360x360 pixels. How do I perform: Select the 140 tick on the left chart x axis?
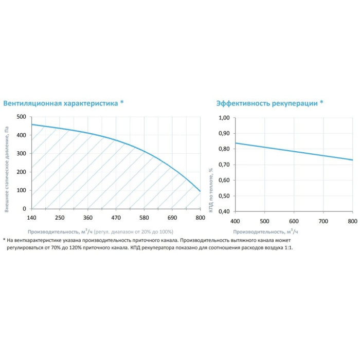coord(32,217)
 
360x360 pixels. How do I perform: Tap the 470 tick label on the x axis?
coord(116,217)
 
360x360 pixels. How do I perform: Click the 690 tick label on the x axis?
coord(172,217)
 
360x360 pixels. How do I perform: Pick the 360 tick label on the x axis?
coord(88,217)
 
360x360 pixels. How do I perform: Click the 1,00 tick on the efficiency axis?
coord(224,118)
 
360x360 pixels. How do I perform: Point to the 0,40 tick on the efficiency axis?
coord(224,211)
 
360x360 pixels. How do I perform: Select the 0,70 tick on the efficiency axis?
coord(224,165)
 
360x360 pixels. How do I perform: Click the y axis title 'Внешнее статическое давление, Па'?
coord(7,169)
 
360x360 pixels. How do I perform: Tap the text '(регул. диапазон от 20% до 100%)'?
coord(134,232)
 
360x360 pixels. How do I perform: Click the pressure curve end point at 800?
coord(200,191)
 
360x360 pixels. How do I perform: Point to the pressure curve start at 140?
coord(32,124)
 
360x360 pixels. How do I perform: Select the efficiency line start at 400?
coord(236,143)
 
